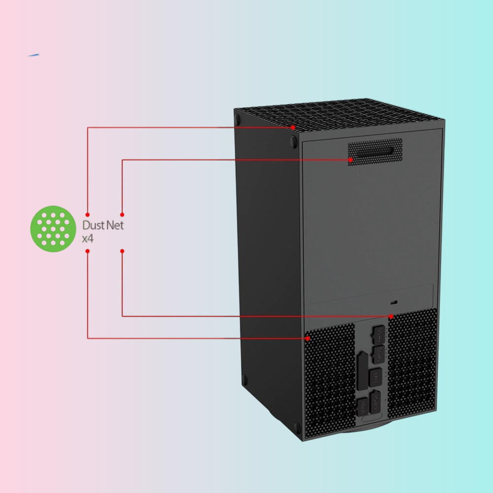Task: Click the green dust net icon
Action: coord(53,229)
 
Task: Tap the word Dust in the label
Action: coord(93,225)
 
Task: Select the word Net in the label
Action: coord(115,225)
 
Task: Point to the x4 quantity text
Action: coord(88,239)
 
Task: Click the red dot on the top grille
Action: coord(293,127)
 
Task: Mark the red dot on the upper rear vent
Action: coord(350,160)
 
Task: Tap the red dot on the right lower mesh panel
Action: coord(391,317)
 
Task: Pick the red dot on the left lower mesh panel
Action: coord(308,338)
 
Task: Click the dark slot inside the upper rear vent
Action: coord(375,151)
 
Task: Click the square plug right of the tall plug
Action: coord(375,377)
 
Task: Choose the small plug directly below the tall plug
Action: coord(362,407)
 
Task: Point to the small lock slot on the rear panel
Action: coord(394,303)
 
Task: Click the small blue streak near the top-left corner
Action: coord(34,55)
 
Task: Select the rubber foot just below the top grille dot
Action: coord(294,142)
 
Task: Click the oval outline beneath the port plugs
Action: coord(372,418)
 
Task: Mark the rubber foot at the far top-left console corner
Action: coord(238,119)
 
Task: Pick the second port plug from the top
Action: coord(379,354)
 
